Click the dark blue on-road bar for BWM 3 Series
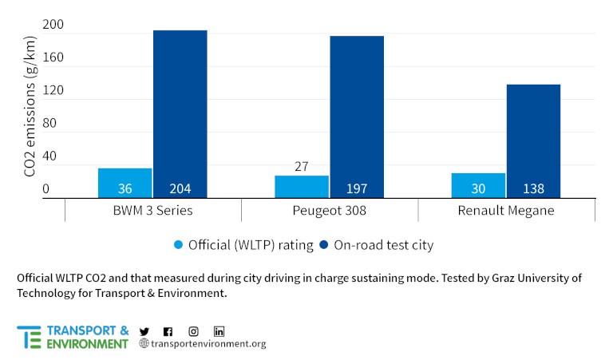[x=180, y=112]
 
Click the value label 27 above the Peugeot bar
[x=302, y=168]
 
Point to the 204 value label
[x=180, y=189]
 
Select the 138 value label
[x=533, y=189]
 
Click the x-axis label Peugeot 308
[x=330, y=211]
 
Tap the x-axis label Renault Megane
[x=506, y=211]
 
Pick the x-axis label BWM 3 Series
[x=152, y=211]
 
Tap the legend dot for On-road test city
[x=324, y=245]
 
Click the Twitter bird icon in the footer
[x=144, y=331]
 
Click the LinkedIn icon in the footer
[x=219, y=331]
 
